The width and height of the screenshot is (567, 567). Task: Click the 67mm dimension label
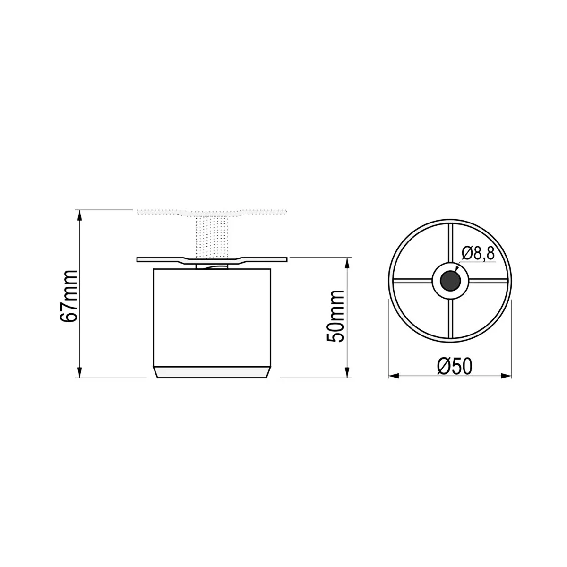point(68,296)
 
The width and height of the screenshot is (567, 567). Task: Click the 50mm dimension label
point(335,316)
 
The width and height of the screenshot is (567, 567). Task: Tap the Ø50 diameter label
point(455,366)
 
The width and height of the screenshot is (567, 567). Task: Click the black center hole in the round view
point(450,281)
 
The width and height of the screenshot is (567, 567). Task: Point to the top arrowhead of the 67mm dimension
point(79,215)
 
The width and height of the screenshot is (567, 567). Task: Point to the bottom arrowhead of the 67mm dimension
point(79,372)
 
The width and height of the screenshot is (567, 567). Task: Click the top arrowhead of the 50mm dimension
point(347,263)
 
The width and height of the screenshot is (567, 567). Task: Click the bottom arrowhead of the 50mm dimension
point(347,372)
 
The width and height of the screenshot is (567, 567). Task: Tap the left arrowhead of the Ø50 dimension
point(394,376)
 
